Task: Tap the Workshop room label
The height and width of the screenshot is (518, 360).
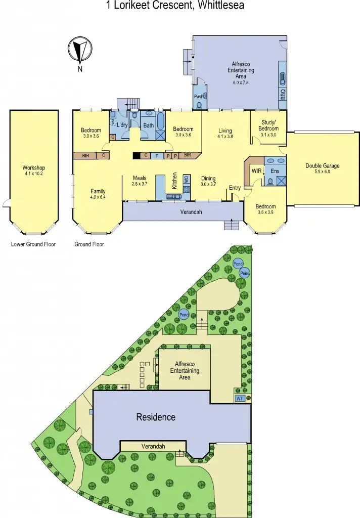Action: [x=34, y=168]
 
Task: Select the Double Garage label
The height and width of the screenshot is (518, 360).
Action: [x=322, y=166]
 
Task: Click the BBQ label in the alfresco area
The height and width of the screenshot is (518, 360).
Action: [x=283, y=95]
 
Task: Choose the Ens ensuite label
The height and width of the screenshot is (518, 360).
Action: [x=275, y=171]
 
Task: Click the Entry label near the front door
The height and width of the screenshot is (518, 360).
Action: [x=235, y=188]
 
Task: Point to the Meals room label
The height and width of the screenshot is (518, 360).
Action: [x=140, y=178]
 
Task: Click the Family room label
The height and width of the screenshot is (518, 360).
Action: [x=98, y=191]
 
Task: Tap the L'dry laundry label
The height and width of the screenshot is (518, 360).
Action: [x=122, y=125]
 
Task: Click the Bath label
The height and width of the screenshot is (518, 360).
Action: [x=148, y=125]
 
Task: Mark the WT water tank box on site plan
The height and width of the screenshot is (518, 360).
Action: [x=240, y=399]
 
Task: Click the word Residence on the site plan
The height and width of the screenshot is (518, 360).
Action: [x=156, y=417]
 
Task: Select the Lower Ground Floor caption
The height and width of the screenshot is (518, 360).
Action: [x=33, y=244]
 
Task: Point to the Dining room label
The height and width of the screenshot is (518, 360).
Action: [x=208, y=178]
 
